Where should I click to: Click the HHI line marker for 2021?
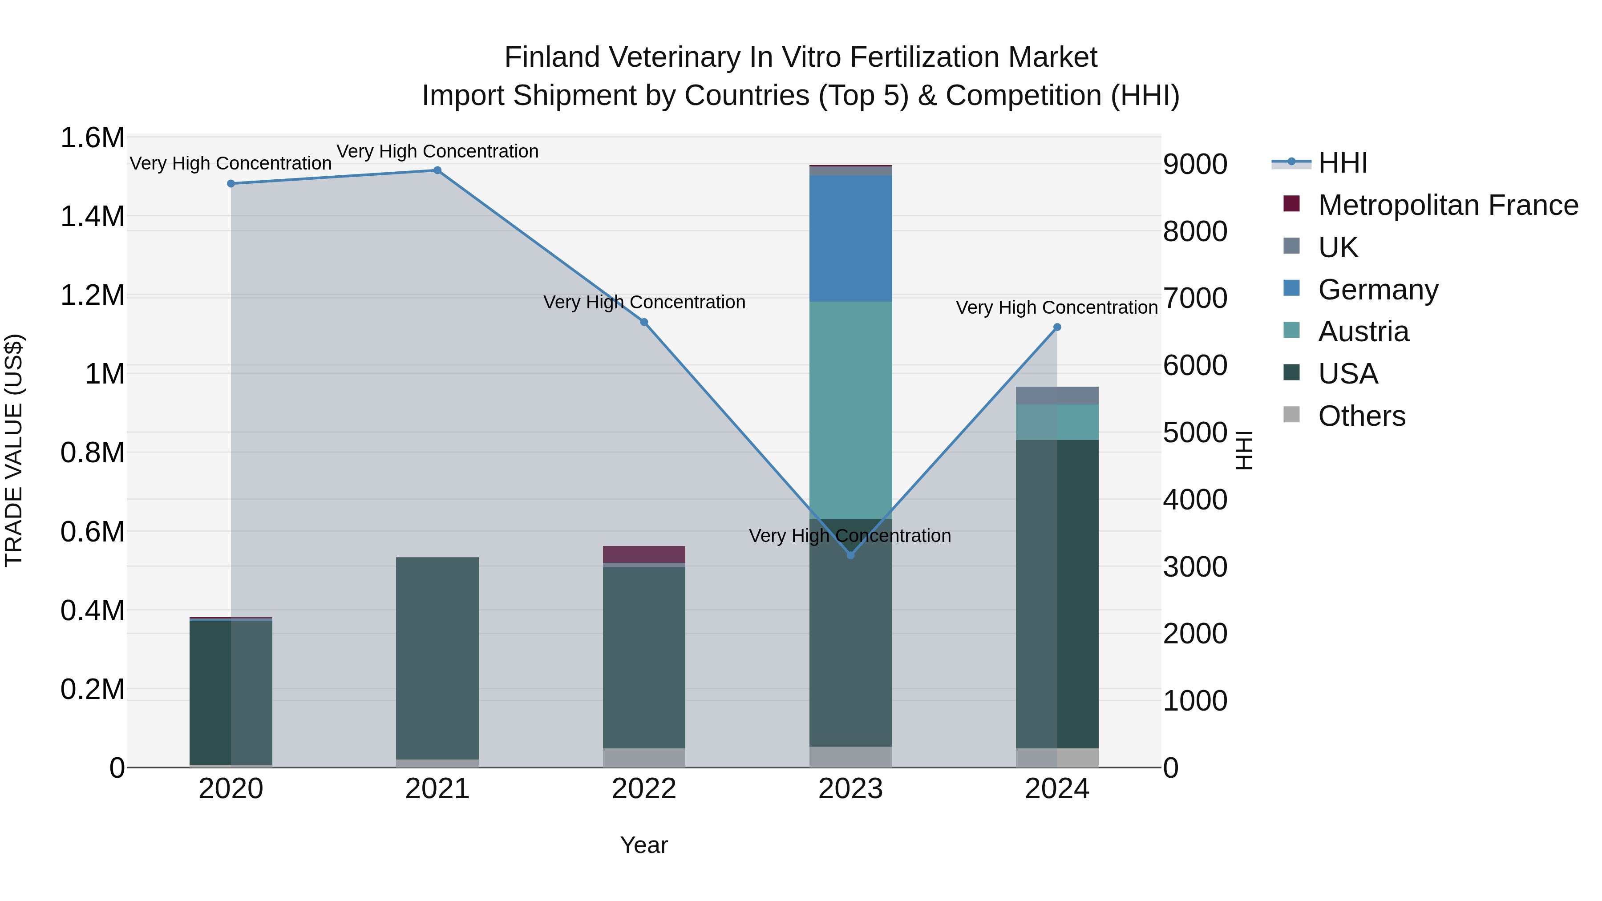437,170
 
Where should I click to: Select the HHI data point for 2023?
851,555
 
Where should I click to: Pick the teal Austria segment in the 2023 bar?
851,410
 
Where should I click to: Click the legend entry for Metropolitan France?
1447,205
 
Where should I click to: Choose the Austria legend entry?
1363,331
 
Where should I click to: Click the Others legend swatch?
1292,415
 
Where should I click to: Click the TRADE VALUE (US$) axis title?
14,450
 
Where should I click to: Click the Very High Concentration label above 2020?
231,164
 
